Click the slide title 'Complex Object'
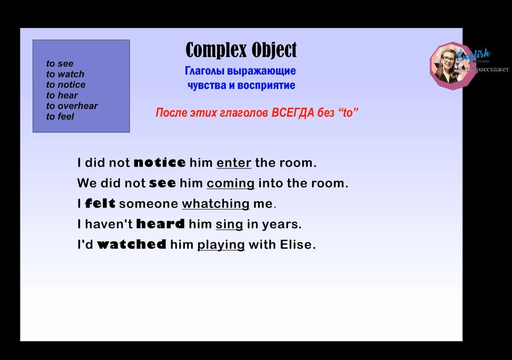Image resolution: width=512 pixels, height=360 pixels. [x=241, y=50]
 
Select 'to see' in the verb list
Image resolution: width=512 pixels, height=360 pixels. [x=60, y=64]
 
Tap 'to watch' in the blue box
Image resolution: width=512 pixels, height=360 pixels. [x=65, y=74]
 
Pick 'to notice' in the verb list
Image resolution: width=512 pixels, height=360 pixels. [x=66, y=85]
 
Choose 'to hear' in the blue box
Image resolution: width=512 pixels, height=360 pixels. [x=62, y=95]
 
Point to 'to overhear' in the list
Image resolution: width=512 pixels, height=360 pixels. [x=72, y=106]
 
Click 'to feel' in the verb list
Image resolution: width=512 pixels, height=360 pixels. [x=60, y=116]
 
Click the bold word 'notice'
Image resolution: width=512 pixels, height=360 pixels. [x=159, y=163]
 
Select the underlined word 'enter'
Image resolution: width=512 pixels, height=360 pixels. [x=234, y=163]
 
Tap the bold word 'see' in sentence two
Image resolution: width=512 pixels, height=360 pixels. [x=162, y=183]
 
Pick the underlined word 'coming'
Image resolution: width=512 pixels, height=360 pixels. [x=231, y=184]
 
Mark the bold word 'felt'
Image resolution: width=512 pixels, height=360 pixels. [x=100, y=204]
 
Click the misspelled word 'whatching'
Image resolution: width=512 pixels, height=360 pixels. [x=216, y=204]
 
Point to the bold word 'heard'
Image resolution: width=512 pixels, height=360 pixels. [x=161, y=224]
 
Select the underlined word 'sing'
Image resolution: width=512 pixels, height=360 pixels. [x=229, y=225]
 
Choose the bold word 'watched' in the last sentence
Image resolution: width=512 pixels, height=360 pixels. [x=131, y=244]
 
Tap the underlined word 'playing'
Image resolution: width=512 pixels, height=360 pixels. [x=221, y=245]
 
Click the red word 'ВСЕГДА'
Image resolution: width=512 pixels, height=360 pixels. [x=292, y=113]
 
